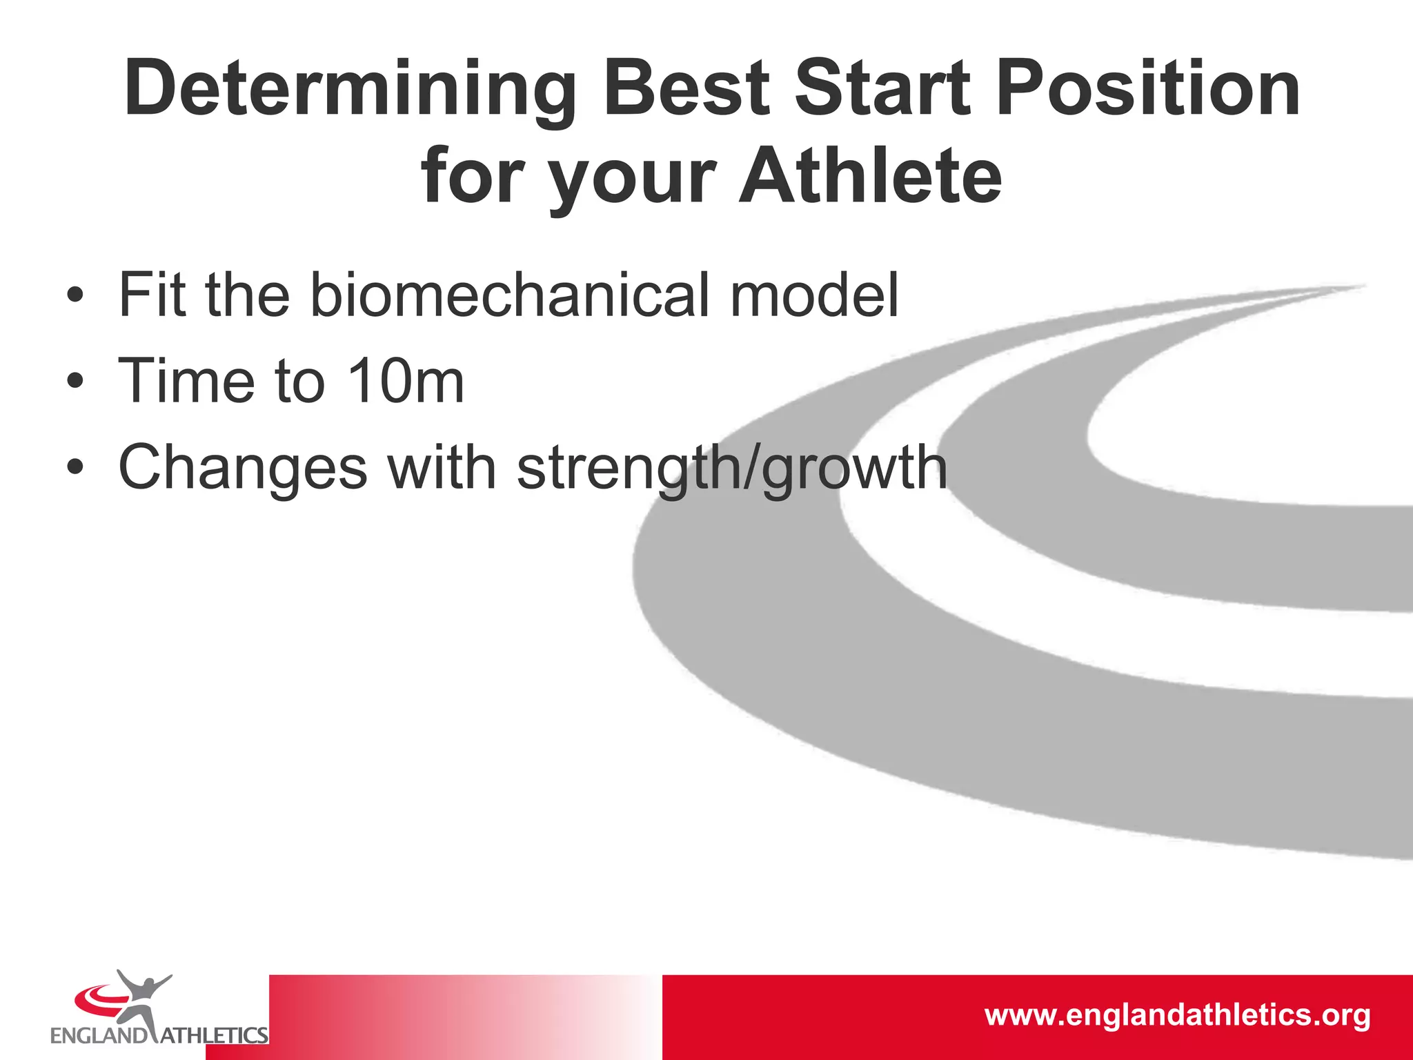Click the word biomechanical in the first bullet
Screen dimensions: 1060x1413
(510, 295)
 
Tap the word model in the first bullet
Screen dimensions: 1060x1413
(814, 295)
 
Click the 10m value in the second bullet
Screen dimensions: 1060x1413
(406, 381)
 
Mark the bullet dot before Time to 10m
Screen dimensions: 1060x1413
(75, 382)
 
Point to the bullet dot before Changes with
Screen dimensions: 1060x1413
(75, 469)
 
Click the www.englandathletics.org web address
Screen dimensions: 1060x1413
(1177, 1016)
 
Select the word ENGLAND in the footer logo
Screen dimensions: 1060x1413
(99, 1035)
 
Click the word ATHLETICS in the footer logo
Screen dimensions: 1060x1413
(214, 1035)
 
